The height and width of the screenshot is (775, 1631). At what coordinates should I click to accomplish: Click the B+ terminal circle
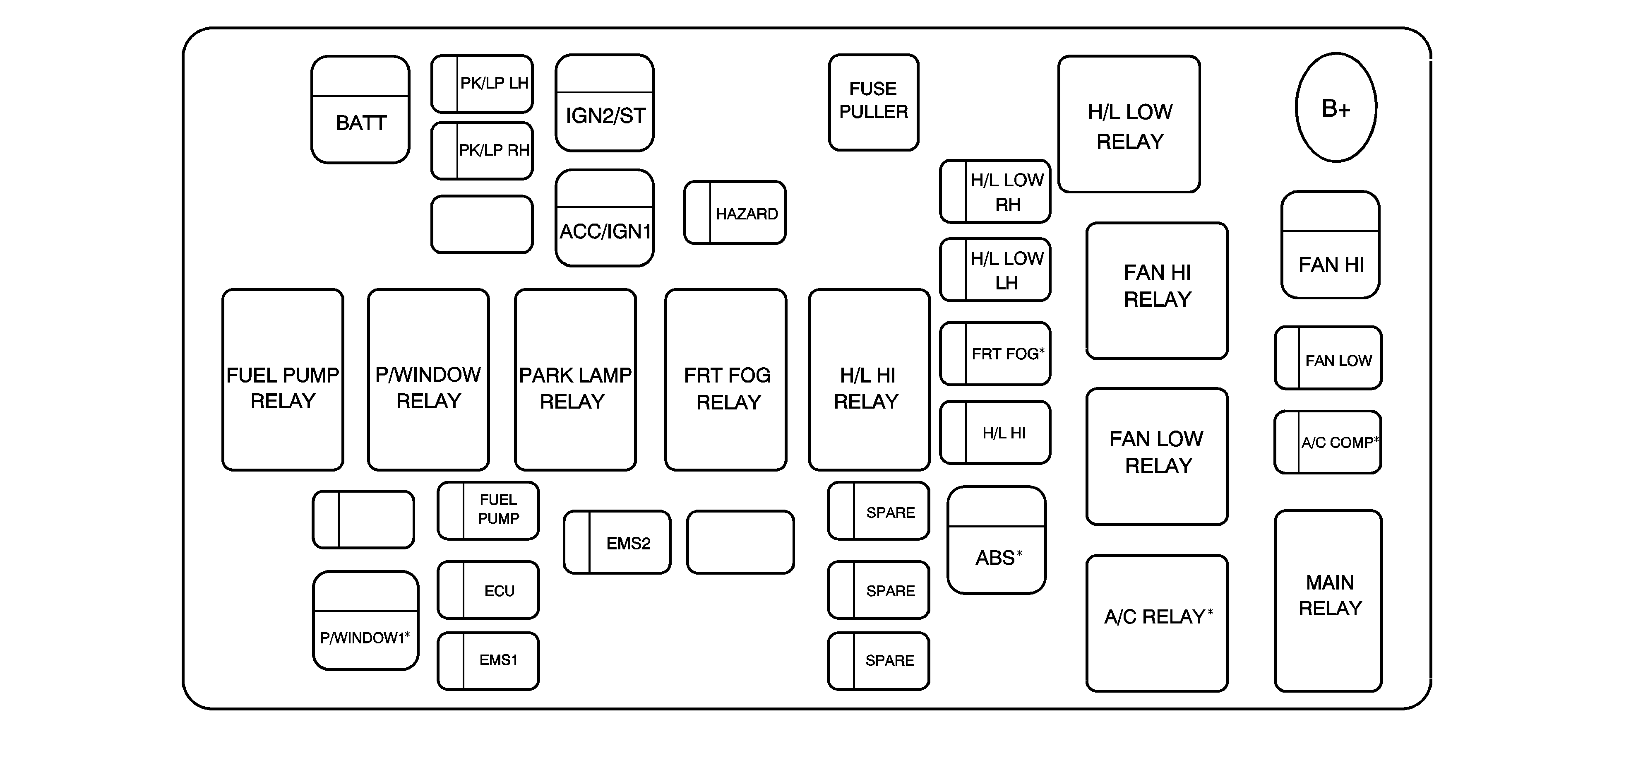tap(1336, 108)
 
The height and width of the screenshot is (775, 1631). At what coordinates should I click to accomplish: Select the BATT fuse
tap(360, 110)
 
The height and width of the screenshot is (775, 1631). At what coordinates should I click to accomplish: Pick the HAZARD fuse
tap(735, 213)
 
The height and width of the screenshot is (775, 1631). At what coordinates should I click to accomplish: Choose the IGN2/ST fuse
tap(605, 103)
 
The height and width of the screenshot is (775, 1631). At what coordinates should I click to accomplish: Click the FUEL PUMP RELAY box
tap(283, 380)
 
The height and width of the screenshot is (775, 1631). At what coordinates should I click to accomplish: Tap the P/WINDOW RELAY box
tap(429, 380)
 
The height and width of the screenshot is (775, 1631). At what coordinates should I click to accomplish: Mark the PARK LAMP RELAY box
tap(576, 380)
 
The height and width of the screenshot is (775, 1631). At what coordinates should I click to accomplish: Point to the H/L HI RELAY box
tap(870, 380)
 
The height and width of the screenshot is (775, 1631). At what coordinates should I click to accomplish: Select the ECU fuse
tap(488, 590)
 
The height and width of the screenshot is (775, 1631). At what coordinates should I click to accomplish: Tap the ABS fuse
tap(997, 540)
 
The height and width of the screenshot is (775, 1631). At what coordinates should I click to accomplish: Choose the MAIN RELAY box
tap(1328, 601)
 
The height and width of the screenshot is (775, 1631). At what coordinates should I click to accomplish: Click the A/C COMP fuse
tap(1328, 442)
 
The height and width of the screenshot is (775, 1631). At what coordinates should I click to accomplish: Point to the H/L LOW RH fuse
tap(995, 192)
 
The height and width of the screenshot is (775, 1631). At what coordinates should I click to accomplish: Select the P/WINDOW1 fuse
tap(365, 621)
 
